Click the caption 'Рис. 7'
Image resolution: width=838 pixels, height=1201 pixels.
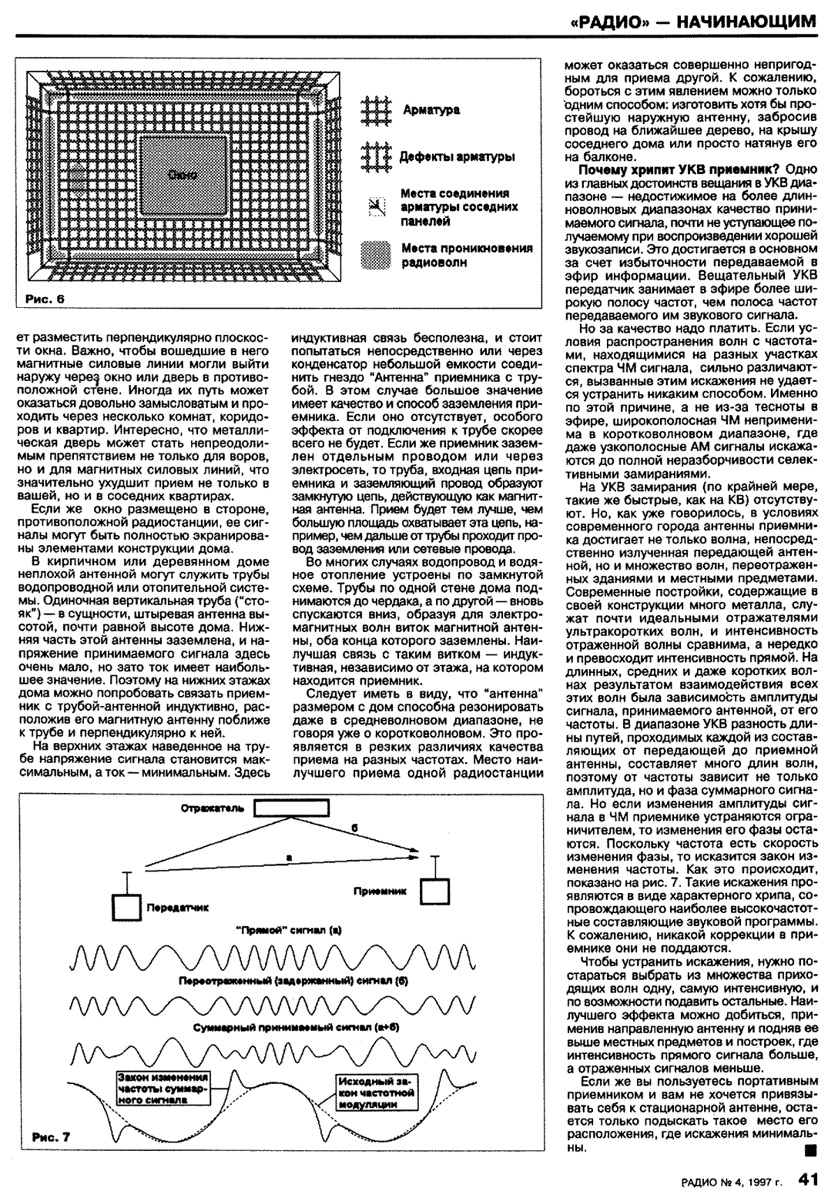(51, 1136)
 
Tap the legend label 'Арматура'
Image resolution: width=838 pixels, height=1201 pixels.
(431, 110)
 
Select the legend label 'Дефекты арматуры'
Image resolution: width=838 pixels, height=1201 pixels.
(457, 157)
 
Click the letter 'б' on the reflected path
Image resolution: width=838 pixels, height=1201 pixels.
(354, 827)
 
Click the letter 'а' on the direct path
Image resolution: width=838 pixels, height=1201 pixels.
(287, 857)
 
